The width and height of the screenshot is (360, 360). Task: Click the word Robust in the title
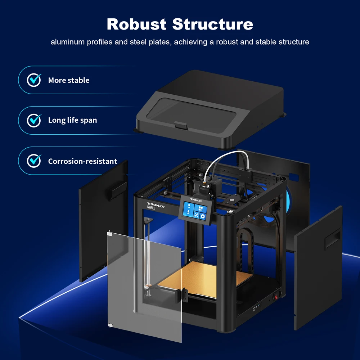point(136,24)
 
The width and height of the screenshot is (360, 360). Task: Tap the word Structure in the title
point(212,24)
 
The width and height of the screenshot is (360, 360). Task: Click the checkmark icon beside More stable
point(34,80)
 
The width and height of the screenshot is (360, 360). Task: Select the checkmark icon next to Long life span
point(34,120)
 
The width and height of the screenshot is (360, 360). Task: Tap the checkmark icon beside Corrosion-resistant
point(34,161)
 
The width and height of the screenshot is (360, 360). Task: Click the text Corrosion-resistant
point(82,161)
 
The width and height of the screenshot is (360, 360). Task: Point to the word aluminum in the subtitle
point(68,42)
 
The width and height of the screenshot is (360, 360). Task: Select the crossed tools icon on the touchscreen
point(196,215)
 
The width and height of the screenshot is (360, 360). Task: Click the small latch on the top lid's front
point(180,126)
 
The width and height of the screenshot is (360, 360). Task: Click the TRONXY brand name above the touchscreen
point(197,199)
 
